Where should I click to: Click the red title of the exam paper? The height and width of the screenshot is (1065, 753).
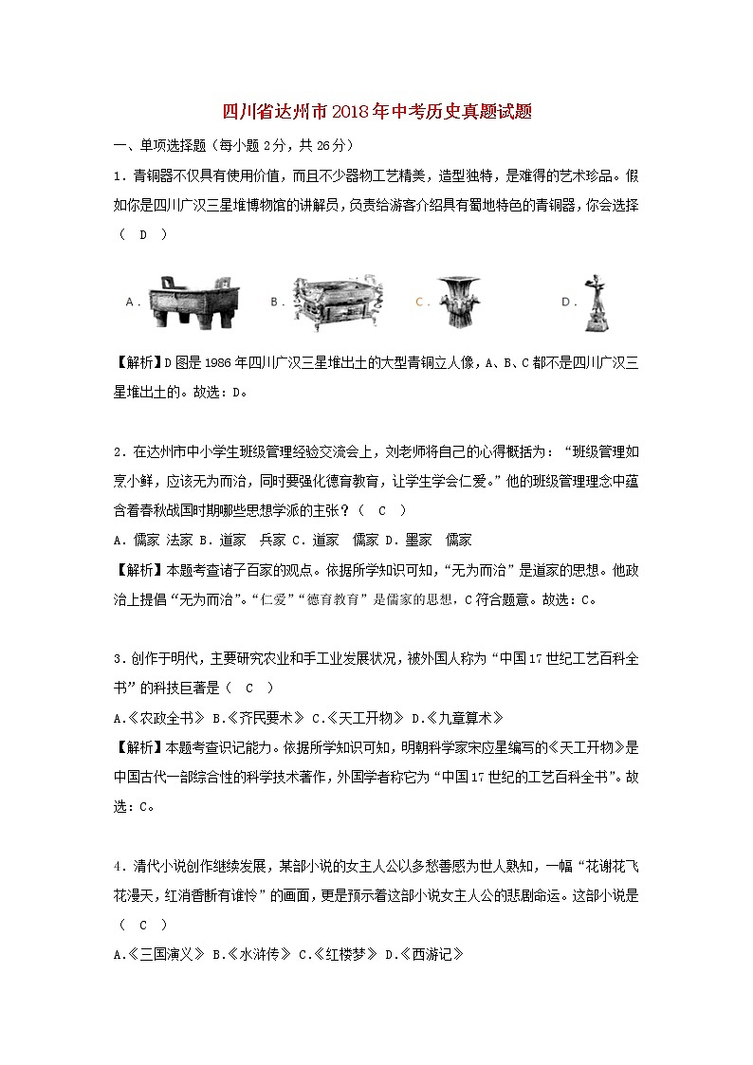(376, 112)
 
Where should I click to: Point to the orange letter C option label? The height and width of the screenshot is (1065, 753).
(418, 302)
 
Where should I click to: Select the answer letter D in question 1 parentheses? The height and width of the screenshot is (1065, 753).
(143, 235)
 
